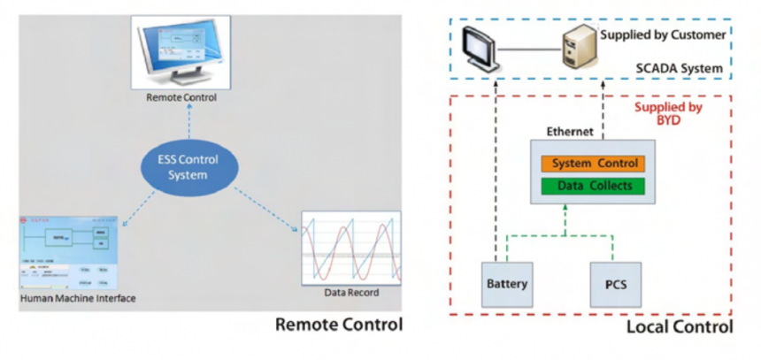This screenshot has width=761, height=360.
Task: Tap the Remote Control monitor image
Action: pyautogui.click(x=182, y=50)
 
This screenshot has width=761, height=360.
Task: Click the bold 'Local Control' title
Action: pyautogui.click(x=681, y=327)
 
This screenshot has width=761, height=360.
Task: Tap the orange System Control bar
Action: pyautogui.click(x=590, y=165)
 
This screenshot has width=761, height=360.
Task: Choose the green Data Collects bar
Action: pyautogui.click(x=590, y=186)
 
